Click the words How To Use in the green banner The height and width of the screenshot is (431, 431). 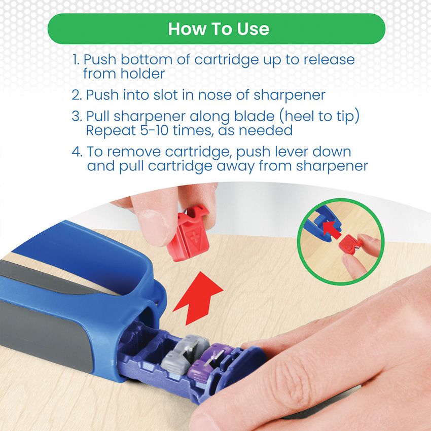(x=219, y=29)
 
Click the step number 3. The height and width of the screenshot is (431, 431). (x=77, y=116)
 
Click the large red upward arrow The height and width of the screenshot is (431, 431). (x=198, y=298)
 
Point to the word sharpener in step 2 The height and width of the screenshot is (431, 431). (x=290, y=96)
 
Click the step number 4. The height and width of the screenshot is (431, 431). (x=77, y=152)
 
